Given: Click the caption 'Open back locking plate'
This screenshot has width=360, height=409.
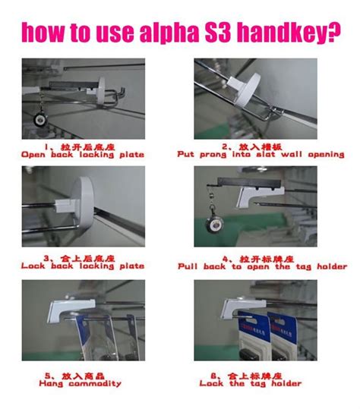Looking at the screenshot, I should [x=82, y=155].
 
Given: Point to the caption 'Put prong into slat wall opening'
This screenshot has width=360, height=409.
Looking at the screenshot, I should [x=261, y=154].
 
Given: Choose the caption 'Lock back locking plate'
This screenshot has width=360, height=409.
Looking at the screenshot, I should [x=82, y=267].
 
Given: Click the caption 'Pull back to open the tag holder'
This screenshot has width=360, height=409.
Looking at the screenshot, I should [x=262, y=267].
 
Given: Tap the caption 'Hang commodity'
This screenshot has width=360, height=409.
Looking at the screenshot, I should [x=82, y=384].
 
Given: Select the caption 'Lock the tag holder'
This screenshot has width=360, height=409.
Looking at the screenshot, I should [x=261, y=384].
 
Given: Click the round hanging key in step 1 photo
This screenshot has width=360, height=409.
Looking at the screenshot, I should [x=36, y=119].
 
